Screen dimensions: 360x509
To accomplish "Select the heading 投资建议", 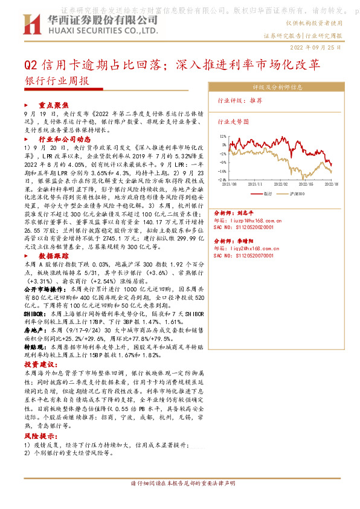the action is [x=39, y=365].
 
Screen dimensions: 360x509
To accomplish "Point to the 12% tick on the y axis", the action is [x=223, y=137].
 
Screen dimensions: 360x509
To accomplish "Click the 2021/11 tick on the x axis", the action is [x=257, y=183].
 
